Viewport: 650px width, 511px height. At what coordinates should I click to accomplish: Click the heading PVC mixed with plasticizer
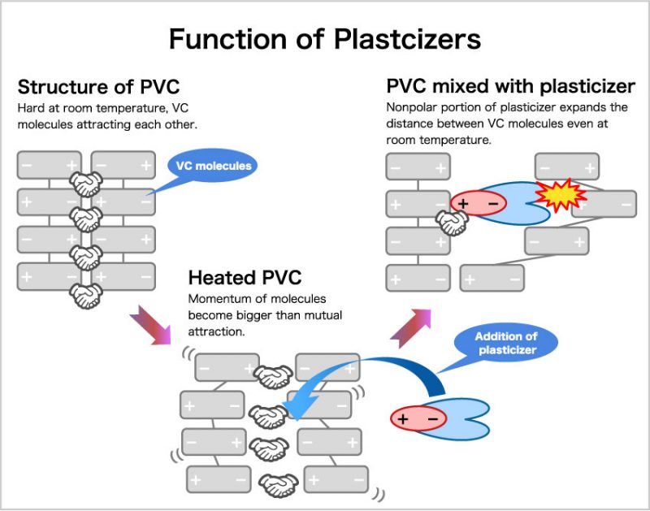(510, 86)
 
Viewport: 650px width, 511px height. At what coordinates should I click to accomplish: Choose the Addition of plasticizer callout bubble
(506, 343)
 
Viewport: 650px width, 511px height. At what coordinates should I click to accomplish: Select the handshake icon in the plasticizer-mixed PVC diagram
(451, 223)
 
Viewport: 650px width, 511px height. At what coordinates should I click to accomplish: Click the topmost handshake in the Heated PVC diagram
(275, 376)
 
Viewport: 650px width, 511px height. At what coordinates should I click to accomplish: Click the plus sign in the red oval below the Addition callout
(404, 419)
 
